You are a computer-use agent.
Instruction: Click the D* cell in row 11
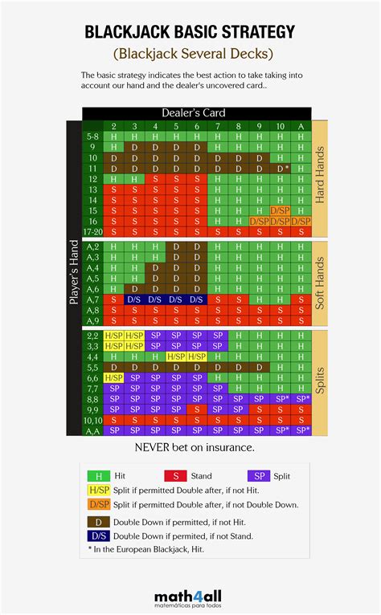[281, 169]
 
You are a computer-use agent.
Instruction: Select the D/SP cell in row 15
[281, 210]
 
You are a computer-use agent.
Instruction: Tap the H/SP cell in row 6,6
[113, 377]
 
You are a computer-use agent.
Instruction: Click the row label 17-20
[93, 231]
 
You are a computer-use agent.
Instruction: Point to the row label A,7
[93, 299]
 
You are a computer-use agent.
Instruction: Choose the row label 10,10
[93, 419]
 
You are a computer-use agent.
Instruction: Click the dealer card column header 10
[281, 126]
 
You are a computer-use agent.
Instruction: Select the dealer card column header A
[301, 126]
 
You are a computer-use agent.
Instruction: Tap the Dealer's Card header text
[194, 113]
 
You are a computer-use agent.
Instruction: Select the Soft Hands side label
[320, 284]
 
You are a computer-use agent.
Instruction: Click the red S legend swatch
[175, 476]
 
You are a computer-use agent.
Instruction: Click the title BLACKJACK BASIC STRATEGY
[190, 32]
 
